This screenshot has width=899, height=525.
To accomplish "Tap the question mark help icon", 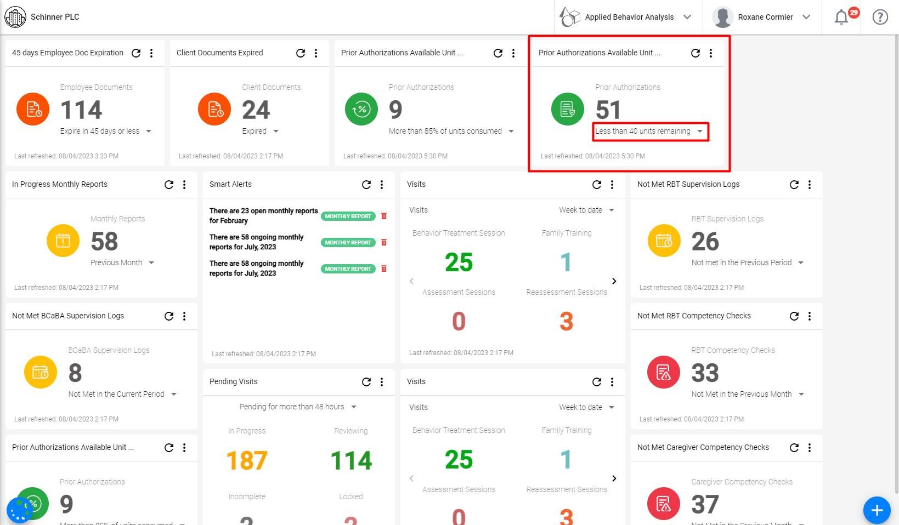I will click(880, 17).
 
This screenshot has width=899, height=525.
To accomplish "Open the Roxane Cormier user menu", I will click(761, 17).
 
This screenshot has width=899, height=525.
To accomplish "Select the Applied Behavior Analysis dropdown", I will click(628, 17).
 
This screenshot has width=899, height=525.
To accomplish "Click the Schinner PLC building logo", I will click(15, 17).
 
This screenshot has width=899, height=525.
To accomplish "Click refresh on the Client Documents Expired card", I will click(301, 53).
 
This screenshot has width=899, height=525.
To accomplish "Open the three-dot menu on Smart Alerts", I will click(382, 185).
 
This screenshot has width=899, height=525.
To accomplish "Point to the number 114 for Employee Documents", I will click(81, 110).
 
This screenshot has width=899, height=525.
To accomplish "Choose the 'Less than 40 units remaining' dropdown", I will click(650, 132).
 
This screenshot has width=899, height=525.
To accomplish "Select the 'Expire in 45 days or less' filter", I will click(105, 132).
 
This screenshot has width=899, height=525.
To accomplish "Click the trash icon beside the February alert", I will click(384, 216).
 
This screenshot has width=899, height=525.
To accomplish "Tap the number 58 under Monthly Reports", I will click(104, 242).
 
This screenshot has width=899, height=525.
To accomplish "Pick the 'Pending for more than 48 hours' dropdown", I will click(298, 407).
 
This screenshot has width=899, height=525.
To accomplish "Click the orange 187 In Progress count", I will click(247, 460).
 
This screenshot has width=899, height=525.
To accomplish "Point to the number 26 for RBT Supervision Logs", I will click(705, 242).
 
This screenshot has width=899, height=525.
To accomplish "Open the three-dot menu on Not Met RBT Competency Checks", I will click(810, 316).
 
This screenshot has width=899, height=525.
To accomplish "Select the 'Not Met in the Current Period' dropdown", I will click(122, 394).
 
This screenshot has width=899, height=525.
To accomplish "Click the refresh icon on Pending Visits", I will click(366, 382).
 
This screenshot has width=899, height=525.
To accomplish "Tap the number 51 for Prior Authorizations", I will click(608, 110).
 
